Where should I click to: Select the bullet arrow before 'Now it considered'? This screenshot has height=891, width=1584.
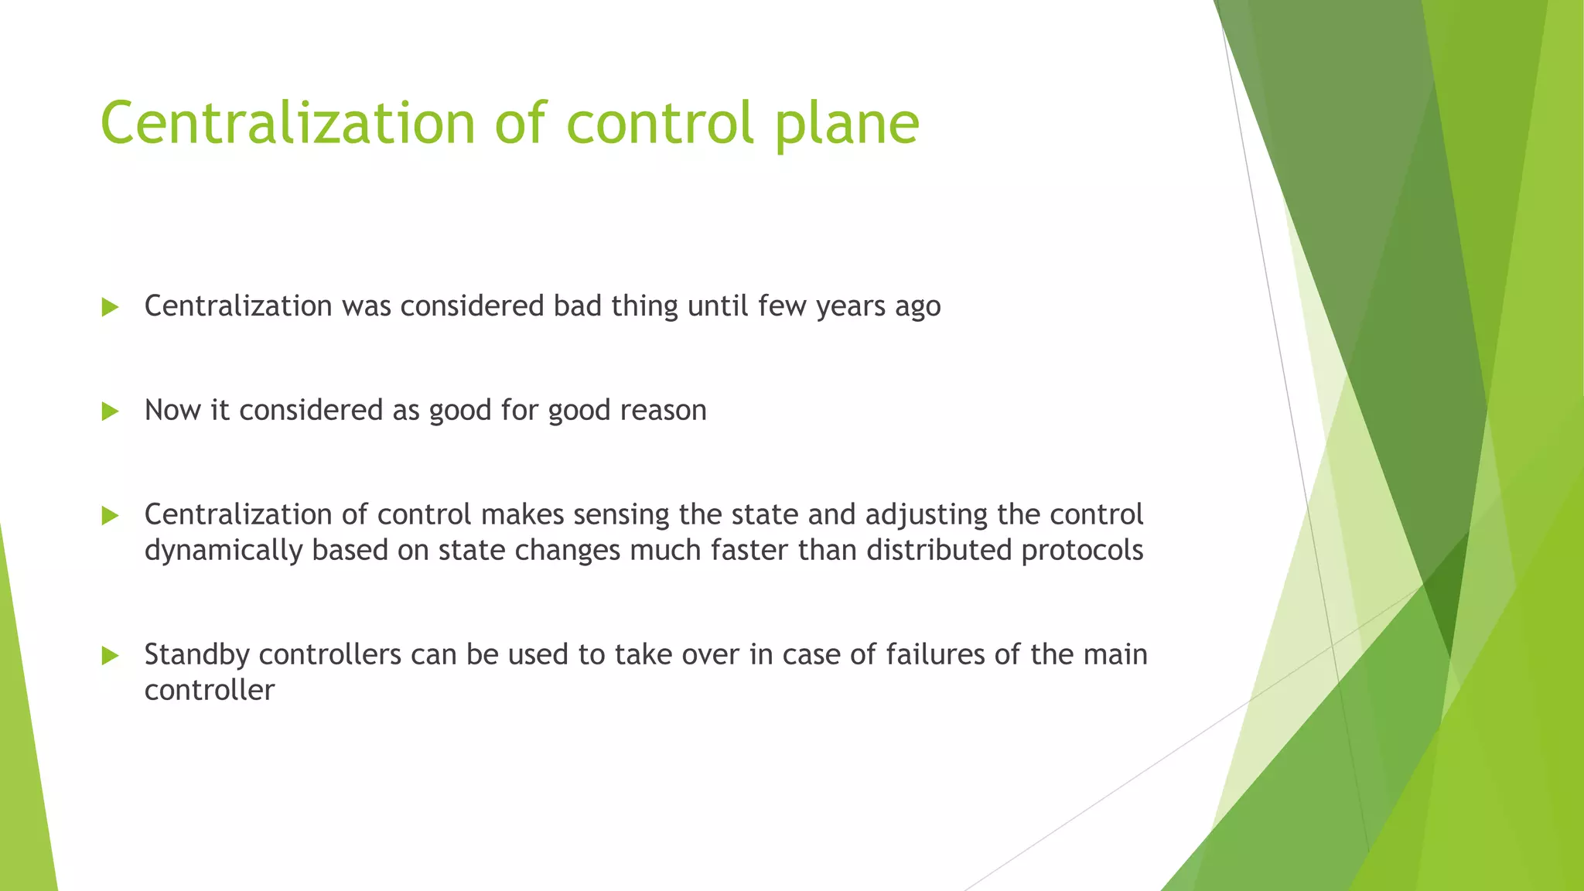pos(110,411)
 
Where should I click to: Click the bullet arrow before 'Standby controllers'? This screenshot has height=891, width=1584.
pos(110,656)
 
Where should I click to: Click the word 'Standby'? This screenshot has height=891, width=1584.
pos(196,655)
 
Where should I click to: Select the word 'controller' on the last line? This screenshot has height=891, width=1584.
pos(210,690)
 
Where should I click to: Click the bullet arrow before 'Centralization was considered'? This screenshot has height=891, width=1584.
pos(110,308)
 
